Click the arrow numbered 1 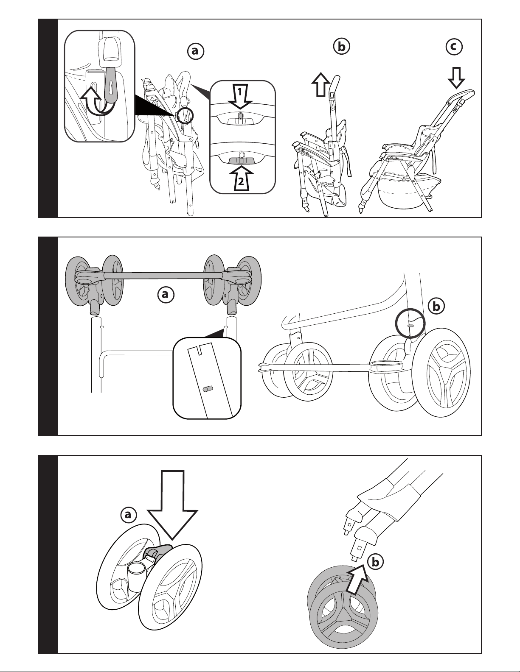(x=240, y=96)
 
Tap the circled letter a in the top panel (x=196, y=51)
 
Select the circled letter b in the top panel (x=341, y=47)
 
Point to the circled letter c (x=454, y=47)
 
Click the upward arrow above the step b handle (x=321, y=85)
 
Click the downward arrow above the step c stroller (x=456, y=78)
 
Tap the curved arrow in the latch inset (x=97, y=102)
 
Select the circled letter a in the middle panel (x=166, y=295)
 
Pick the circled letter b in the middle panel (x=436, y=307)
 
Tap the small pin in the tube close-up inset (x=207, y=389)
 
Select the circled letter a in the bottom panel (x=129, y=515)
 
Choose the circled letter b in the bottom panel (x=375, y=562)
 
